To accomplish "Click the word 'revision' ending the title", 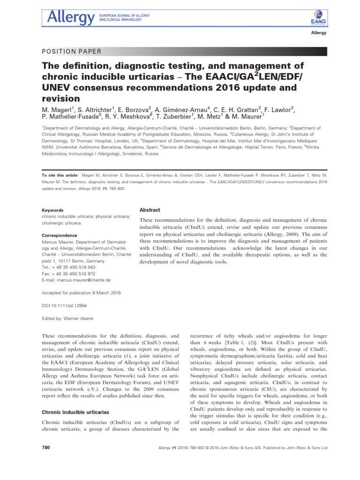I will click(x=60, y=98).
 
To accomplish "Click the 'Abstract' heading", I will click(x=150, y=210).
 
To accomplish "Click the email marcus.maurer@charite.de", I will click(x=76, y=279).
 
